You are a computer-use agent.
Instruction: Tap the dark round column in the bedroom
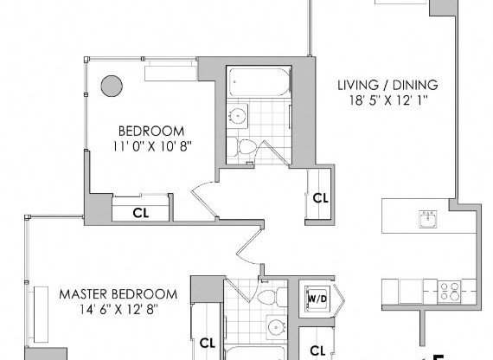(x=112, y=86)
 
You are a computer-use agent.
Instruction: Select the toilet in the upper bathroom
(x=246, y=148)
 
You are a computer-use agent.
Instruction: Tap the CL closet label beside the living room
(x=320, y=197)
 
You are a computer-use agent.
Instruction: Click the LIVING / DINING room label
(x=387, y=85)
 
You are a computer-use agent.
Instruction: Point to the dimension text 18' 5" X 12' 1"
(x=387, y=100)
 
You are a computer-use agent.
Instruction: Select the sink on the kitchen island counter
(x=426, y=216)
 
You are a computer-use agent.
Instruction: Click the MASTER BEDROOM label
(x=118, y=293)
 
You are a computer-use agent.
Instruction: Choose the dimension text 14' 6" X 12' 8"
(x=118, y=309)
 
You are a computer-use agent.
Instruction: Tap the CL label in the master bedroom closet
(x=206, y=342)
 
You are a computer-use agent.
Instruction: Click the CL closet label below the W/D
(x=317, y=350)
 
